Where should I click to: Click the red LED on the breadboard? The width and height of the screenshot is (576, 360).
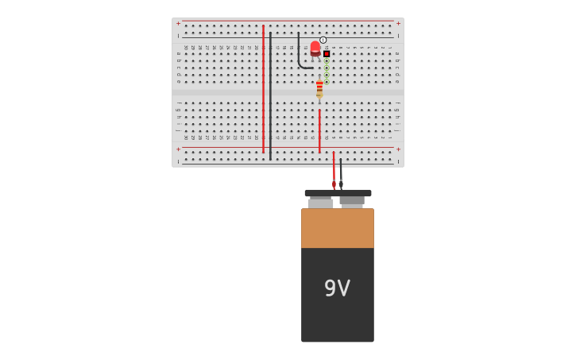tap(315, 48)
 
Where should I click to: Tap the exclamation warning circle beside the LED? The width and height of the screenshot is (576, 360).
tap(323, 40)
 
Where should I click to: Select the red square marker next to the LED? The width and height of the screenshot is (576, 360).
tap(327, 54)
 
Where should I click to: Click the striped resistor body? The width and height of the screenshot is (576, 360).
tap(319, 88)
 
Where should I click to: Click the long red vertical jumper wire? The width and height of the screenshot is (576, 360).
tap(263, 87)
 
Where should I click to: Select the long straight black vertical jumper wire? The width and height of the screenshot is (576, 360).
tap(270, 95)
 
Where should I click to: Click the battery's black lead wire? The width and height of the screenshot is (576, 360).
tap(341, 171)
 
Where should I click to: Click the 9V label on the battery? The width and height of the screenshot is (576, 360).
tap(337, 288)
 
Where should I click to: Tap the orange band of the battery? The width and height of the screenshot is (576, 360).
tap(337, 228)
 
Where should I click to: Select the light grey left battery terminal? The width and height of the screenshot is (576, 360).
tap(320, 203)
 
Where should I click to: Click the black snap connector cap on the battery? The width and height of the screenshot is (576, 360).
tap(338, 193)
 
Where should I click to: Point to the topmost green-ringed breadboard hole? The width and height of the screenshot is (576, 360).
tap(327, 61)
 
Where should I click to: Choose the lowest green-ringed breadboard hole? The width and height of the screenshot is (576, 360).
tap(327, 81)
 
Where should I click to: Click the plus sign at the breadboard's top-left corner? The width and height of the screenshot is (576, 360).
tap(178, 23)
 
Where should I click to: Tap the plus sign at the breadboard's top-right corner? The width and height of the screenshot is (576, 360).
tap(398, 23)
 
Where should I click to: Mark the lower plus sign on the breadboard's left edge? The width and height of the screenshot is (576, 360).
tap(178, 149)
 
